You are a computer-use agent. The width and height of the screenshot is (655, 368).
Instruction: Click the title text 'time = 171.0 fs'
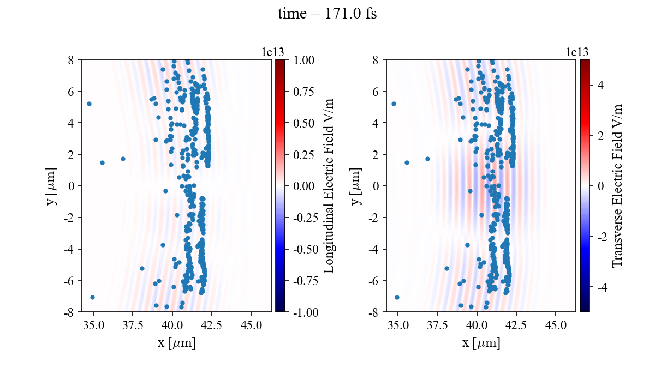pos(327,14)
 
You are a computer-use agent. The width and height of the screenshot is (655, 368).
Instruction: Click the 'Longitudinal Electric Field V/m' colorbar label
pos(329,185)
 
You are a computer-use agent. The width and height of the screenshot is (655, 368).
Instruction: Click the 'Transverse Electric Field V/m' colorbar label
pos(617,185)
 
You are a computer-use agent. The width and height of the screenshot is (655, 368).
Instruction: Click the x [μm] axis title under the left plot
pos(176,343)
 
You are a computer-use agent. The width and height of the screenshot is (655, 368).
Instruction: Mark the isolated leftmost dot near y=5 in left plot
pos(89,104)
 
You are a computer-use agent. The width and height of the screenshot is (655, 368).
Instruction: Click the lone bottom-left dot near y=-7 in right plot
pos(397,297)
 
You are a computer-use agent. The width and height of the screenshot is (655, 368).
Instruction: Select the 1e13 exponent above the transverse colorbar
pos(577,52)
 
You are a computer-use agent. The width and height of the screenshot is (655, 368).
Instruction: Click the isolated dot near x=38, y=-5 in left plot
pos(142,268)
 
